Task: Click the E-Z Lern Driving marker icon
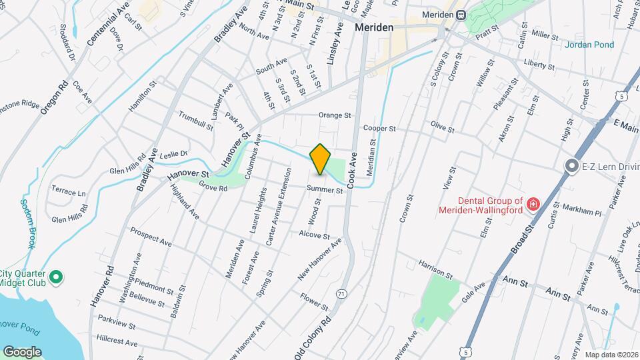tap(571, 166)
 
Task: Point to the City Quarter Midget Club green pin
tap(57, 277)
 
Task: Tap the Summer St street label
tap(325, 190)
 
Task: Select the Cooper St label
tap(379, 128)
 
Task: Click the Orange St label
tap(334, 115)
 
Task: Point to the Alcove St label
tap(314, 235)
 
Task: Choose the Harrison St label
tap(436, 269)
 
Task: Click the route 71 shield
tap(341, 293)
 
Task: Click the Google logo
tap(22, 351)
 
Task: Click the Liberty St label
tap(539, 65)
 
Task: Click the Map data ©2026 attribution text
tap(610, 355)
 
